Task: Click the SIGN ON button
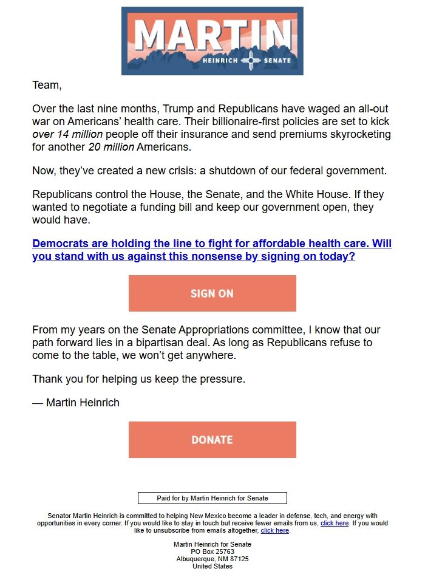[212, 293]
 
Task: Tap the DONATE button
[212, 440]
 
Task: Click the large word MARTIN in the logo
[211, 35]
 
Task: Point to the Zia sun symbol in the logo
[250, 61]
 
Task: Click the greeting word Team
[47, 85]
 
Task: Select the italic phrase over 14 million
[67, 134]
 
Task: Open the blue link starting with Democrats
[211, 250]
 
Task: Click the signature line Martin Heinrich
[83, 403]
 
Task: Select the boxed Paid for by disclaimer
[212, 498]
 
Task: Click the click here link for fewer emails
[335, 523]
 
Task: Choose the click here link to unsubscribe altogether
[274, 530]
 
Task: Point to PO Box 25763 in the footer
[212, 551]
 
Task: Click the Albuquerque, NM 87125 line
[212, 559]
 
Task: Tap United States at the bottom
[212, 566]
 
